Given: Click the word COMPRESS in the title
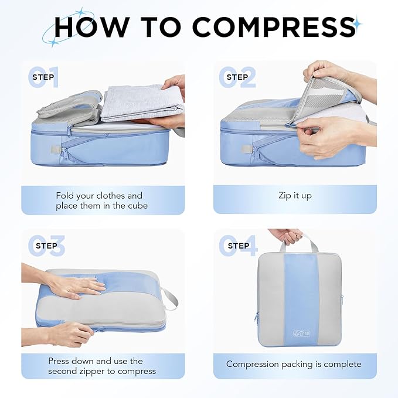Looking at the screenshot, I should pyautogui.click(x=274, y=26).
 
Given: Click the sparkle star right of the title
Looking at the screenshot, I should pyautogui.click(x=357, y=23).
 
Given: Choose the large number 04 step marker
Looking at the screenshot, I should pyautogui.click(x=237, y=246).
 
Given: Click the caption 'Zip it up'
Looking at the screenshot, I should pyautogui.click(x=294, y=196).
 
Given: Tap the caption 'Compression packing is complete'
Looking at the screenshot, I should pyautogui.click(x=294, y=364).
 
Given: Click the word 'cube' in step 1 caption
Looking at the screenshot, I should pyautogui.click(x=136, y=206).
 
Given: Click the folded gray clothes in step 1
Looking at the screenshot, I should pyautogui.click(x=141, y=102).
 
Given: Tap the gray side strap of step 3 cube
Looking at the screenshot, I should pyautogui.click(x=169, y=297).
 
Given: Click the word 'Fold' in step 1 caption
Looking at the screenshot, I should pyautogui.click(x=65, y=196).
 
